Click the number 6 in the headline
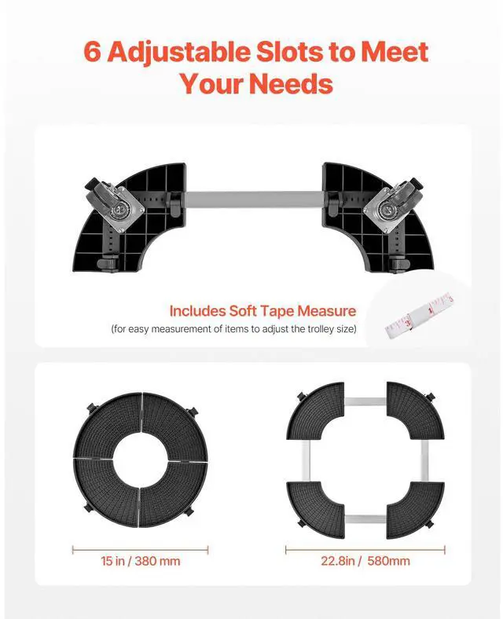click(93, 52)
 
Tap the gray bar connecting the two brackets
click(254, 200)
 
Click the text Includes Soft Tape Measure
click(263, 311)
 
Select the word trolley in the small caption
click(312, 328)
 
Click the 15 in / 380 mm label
click(141, 561)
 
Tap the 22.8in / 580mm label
click(365, 561)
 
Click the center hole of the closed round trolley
click(140, 459)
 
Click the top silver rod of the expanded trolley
click(365, 401)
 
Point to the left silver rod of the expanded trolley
click(307, 460)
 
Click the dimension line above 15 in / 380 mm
click(140, 550)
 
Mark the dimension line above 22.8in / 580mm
click(365, 550)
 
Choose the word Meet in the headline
click(395, 52)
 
